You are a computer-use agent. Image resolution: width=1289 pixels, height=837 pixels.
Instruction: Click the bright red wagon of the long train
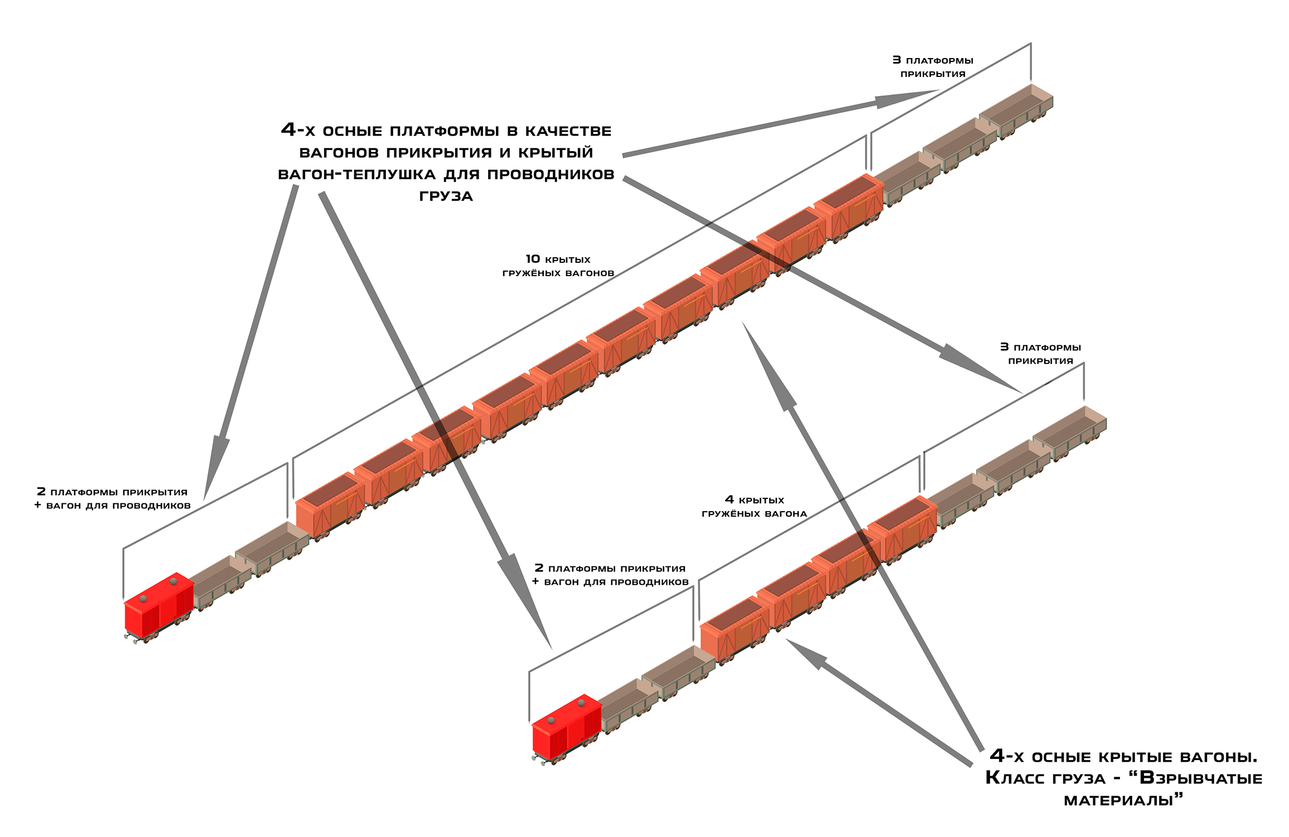pos(158,606)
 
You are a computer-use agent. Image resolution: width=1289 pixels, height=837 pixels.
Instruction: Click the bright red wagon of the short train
pos(567,728)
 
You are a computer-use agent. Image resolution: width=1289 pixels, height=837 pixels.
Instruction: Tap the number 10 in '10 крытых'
pos(533,259)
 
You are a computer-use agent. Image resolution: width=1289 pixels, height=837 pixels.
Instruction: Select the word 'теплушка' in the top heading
pos(389,174)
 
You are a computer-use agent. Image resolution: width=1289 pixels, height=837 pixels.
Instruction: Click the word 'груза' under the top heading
pos(446,196)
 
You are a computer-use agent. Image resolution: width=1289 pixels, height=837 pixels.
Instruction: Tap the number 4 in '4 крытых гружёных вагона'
pos(729,499)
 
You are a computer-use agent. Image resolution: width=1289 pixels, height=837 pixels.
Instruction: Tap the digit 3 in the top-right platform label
pos(896,60)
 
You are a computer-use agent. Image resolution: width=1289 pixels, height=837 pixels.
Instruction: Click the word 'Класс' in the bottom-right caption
pos(1009,778)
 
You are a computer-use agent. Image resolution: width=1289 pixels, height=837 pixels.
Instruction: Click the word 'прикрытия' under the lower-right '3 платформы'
pos(1040,361)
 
